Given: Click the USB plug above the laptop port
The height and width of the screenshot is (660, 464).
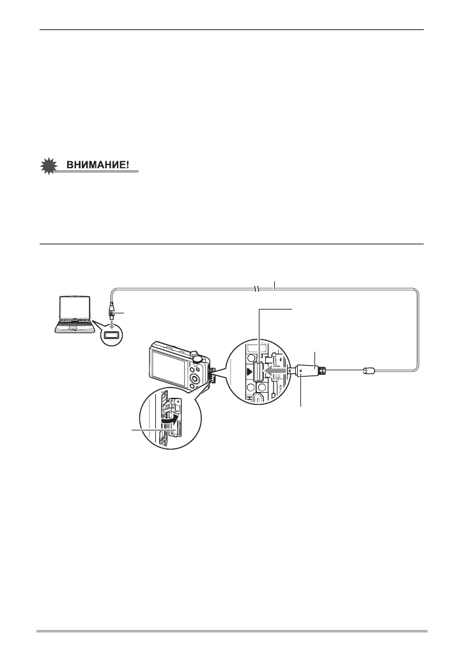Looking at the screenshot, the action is click(112, 311).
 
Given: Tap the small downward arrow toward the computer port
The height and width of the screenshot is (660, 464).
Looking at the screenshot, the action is click(112, 322).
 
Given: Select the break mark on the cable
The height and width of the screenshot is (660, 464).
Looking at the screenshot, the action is click(256, 290).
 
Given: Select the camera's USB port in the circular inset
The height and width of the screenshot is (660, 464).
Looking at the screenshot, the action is click(260, 372).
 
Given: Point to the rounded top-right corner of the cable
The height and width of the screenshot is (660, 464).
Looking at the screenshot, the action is click(417, 294).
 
